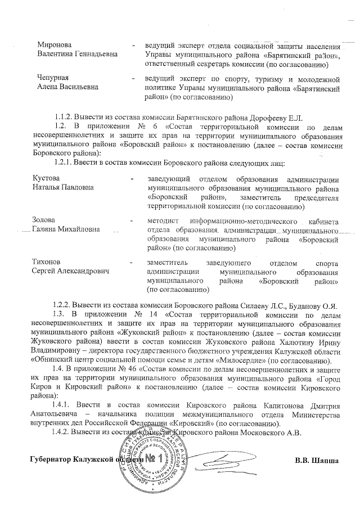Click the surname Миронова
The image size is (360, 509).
[x=54, y=44]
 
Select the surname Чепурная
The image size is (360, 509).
[x=53, y=78]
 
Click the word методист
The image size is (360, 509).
[x=161, y=220]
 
